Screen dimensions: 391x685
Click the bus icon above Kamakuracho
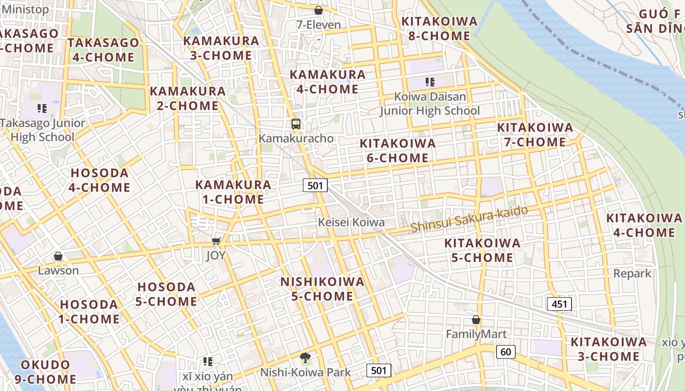coord(296,124)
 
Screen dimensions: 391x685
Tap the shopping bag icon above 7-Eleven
coord(319,10)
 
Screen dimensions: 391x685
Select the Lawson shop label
coord(58,270)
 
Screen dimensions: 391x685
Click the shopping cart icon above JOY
coord(216,240)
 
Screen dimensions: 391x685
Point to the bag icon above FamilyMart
coord(476,320)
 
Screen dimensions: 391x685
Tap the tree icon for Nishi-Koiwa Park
coord(305,358)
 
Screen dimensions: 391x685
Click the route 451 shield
coord(559,304)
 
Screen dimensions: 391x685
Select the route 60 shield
coord(506,351)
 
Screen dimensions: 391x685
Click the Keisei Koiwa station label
coord(351,222)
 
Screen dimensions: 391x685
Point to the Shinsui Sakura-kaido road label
coord(469,219)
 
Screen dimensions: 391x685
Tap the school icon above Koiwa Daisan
coord(430,82)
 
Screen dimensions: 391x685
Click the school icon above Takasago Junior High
coord(42,109)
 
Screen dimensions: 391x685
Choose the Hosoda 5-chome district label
coord(166,294)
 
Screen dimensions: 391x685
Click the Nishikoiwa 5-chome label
coord(322,289)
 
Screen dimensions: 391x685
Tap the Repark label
coord(632,273)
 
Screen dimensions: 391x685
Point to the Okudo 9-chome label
coord(48,371)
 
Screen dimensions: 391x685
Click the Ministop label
coord(25,9)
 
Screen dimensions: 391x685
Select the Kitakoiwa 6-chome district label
coord(397,151)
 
